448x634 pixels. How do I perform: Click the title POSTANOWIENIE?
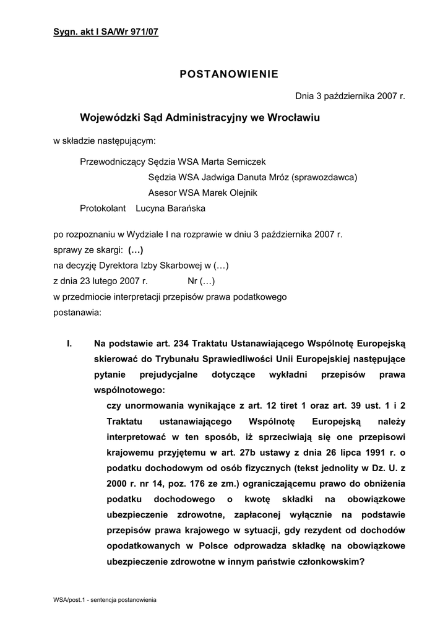click(229, 75)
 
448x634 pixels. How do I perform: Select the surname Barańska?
click(184, 209)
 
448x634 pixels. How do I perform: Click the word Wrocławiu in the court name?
click(292, 117)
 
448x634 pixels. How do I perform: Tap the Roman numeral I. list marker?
click(69, 343)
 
